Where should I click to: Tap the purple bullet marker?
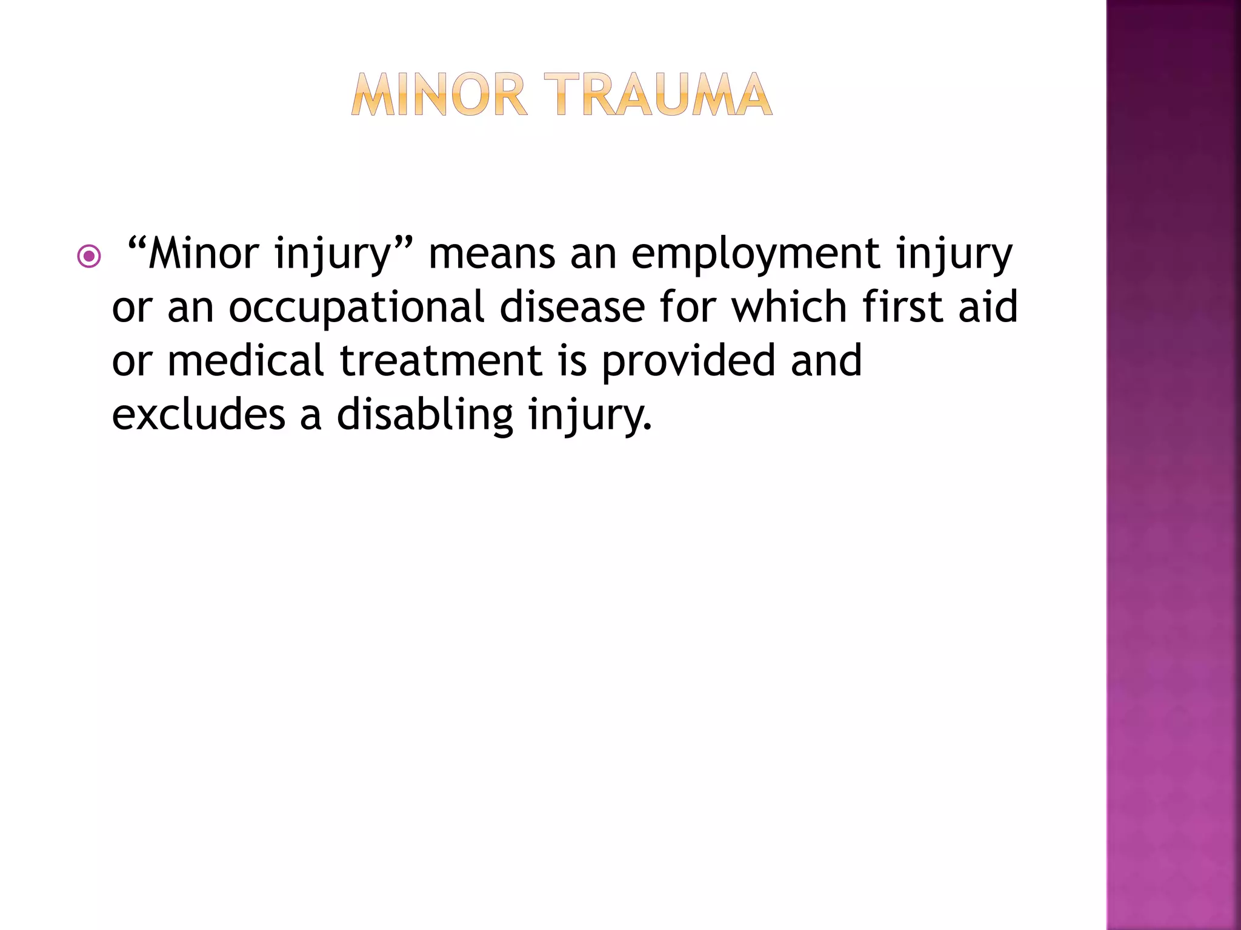(x=89, y=256)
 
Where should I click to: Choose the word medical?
(x=245, y=360)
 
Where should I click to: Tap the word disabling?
(x=425, y=415)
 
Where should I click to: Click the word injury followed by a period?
(x=589, y=415)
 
